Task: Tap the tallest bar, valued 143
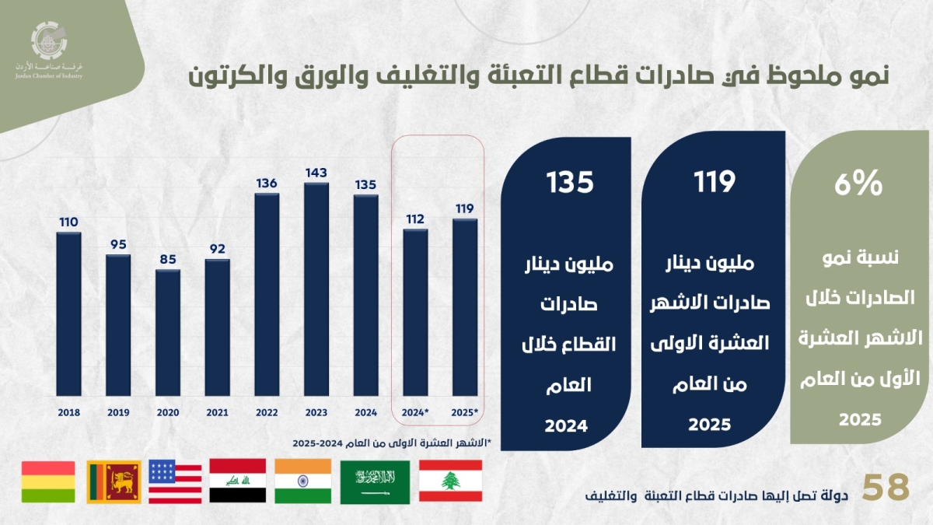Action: (x=316, y=289)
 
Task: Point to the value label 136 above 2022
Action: (x=267, y=184)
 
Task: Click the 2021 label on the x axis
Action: (x=217, y=413)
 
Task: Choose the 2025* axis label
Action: (x=465, y=413)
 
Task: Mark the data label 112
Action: (x=415, y=219)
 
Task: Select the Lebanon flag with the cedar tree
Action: (x=450, y=481)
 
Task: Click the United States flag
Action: (x=175, y=481)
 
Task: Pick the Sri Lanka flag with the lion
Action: (x=113, y=481)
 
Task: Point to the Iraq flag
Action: (x=237, y=481)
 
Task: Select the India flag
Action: (x=302, y=481)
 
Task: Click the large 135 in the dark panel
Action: (x=570, y=182)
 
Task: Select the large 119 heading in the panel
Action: (x=714, y=182)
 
